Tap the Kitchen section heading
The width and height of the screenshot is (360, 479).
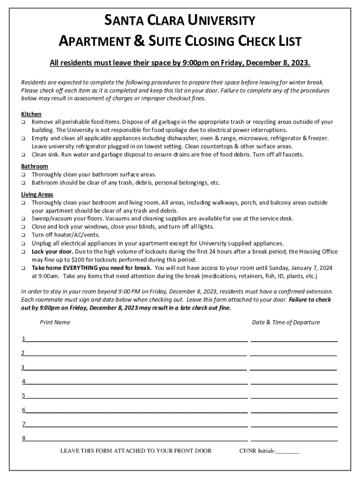click(31, 114)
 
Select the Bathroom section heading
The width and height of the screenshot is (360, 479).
click(35, 166)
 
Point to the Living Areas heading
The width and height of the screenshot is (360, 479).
click(37, 194)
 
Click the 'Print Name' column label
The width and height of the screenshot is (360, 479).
click(55, 322)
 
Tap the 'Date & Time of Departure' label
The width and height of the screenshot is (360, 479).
click(286, 322)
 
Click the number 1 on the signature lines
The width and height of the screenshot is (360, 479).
click(23, 339)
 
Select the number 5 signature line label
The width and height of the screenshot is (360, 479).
click(23, 396)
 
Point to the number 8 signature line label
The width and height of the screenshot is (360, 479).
click(23, 438)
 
